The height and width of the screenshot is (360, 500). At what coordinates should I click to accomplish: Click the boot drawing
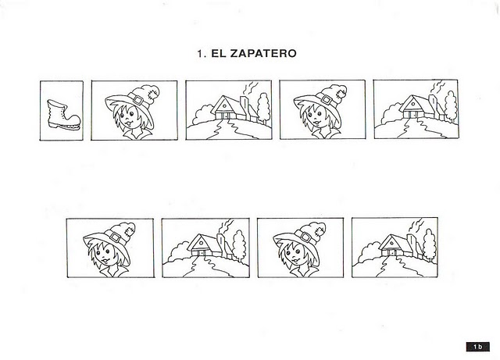[63, 115]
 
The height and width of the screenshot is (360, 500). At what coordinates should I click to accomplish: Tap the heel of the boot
[52, 125]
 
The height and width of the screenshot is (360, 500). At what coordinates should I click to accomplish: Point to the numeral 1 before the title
[200, 53]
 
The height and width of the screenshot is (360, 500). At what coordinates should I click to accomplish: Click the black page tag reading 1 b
[477, 347]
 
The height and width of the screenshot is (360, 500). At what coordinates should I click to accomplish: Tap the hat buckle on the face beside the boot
[138, 100]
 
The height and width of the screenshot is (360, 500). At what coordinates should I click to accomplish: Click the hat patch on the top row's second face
[341, 94]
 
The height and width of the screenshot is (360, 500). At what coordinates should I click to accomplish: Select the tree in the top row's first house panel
[263, 108]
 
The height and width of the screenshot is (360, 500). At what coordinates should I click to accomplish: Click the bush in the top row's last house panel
[390, 112]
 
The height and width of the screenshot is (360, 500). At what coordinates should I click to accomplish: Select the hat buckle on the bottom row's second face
[305, 237]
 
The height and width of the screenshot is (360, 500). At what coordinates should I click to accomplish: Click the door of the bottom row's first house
[202, 252]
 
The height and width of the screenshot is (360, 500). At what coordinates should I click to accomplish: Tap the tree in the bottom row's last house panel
[429, 244]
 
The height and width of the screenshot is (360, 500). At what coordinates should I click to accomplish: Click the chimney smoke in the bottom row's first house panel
[227, 226]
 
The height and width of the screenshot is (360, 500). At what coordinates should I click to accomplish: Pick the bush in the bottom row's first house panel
[178, 251]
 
